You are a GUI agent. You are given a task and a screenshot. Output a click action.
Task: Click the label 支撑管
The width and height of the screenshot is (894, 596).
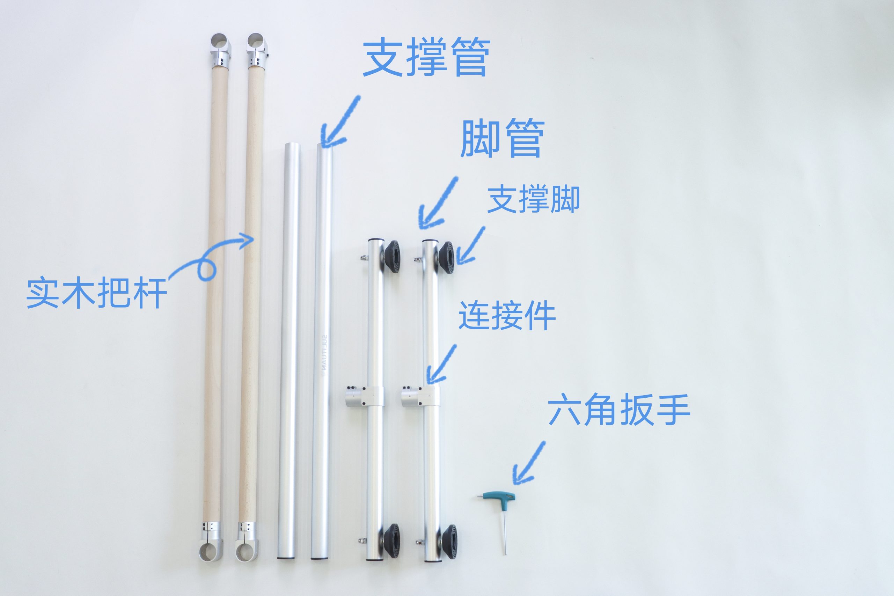pos(426,57)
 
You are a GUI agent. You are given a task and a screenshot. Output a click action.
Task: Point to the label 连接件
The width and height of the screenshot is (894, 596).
pos(507,316)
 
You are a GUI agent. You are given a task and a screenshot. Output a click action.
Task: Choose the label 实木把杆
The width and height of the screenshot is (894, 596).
pos(96,293)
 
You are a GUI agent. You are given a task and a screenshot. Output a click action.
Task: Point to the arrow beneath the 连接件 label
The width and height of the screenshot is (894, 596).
pos(440,364)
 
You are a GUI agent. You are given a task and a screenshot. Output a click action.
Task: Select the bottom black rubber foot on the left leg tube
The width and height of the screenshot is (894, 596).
pos(391,540)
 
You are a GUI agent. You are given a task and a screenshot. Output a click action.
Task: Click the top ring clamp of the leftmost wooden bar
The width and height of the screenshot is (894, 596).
pos(221,50)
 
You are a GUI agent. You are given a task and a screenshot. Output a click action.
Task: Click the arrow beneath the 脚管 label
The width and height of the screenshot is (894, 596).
pos(437,203)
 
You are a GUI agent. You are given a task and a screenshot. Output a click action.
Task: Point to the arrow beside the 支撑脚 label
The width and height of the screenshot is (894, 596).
pos(470,245)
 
